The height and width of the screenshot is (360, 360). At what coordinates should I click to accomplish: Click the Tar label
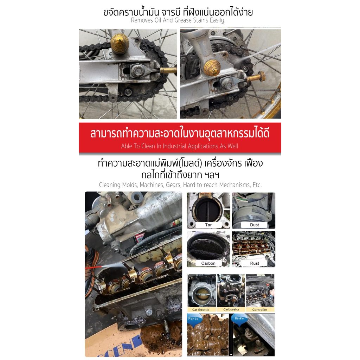pos(208,225)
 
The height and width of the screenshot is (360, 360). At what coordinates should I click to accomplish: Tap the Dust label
pos(254,225)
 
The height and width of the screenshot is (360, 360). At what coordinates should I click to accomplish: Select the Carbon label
pos(208,263)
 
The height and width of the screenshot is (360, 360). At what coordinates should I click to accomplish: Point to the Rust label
pos(254,263)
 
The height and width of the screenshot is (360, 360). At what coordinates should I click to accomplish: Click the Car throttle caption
pos(201,310)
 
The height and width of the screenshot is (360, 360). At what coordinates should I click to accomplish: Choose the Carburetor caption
pos(231,309)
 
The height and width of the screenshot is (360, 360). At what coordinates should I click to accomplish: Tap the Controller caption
pos(260,310)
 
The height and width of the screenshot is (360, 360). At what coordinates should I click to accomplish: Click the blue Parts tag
pos(194,319)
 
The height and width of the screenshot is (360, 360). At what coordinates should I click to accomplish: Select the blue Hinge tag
pos(239,319)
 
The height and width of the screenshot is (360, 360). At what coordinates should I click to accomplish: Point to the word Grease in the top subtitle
pos(183,20)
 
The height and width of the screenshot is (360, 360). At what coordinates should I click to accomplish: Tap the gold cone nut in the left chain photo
pos(120,44)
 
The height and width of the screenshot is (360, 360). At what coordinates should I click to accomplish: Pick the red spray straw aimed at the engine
pos(94,267)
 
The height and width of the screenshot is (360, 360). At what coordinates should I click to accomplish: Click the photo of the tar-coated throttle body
pos(208,210)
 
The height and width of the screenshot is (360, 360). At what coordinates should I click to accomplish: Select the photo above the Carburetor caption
pos(231,290)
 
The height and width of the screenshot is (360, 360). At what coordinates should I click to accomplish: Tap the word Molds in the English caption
pos(129,185)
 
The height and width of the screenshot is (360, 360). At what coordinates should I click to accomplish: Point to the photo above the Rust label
pos(253,249)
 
